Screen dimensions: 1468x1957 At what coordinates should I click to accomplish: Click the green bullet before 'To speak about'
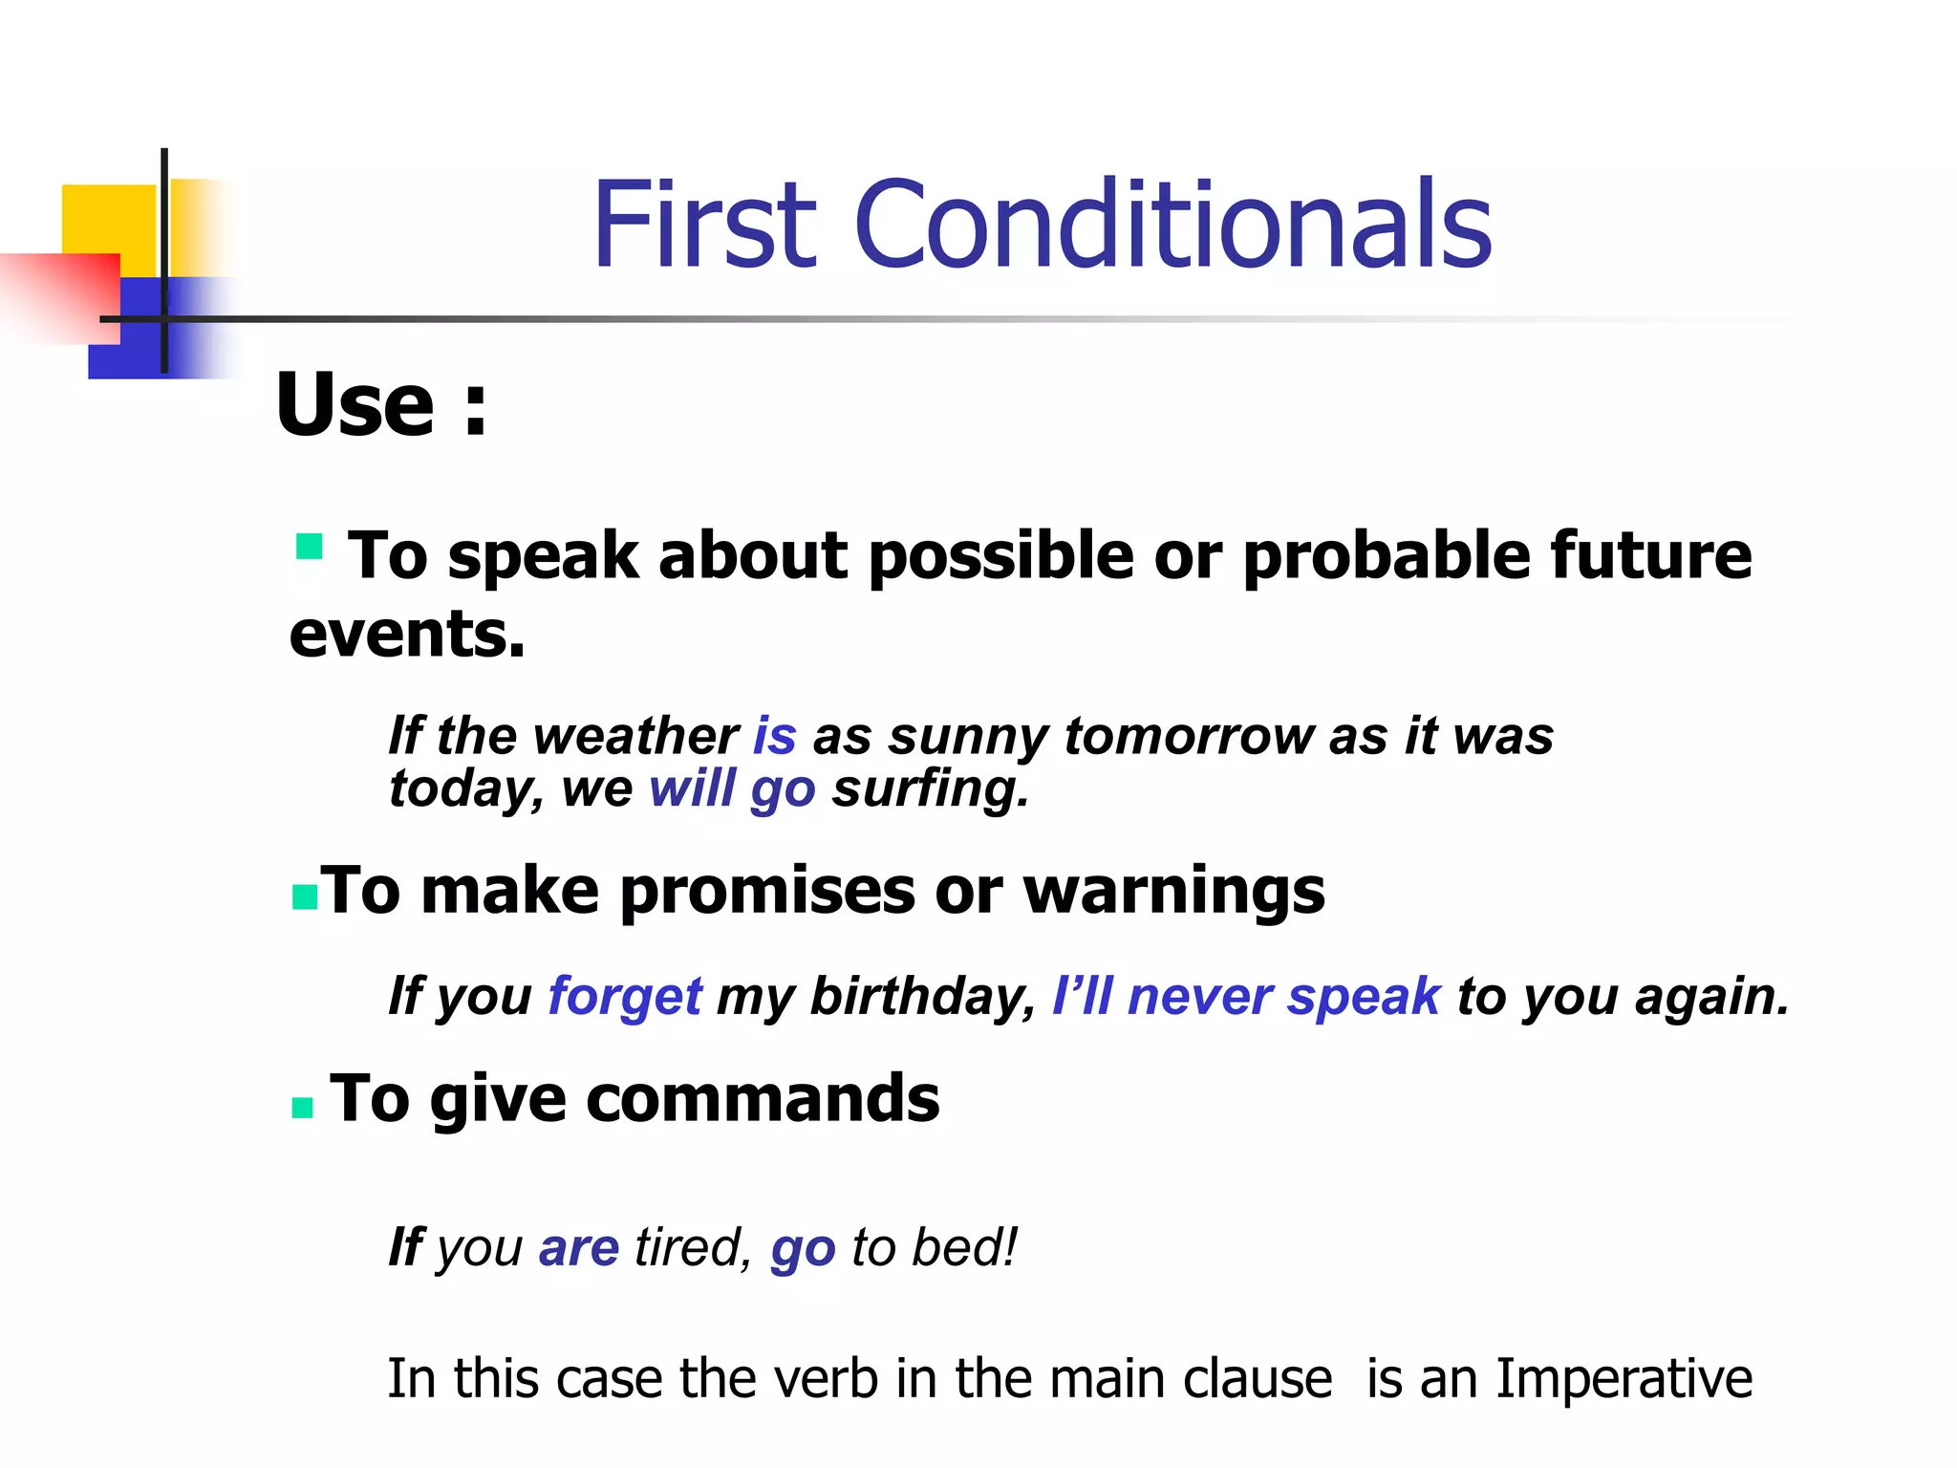pos(309,547)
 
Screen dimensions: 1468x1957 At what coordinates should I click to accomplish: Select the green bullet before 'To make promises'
pos(304,897)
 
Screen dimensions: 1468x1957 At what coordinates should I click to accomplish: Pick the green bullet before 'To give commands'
pos(302,1108)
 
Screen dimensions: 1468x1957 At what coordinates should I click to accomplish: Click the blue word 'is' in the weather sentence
pos(774,736)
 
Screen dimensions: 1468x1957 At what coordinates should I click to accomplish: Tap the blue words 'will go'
pos(732,789)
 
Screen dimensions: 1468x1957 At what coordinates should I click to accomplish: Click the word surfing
pos(930,789)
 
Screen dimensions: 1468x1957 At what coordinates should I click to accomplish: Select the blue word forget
pos(625,997)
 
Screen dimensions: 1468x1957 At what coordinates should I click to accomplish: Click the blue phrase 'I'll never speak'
pos(1245,996)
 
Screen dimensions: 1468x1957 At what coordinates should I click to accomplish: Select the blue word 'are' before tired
pos(579,1248)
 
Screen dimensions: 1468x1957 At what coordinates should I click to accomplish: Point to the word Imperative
pos(1624,1379)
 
